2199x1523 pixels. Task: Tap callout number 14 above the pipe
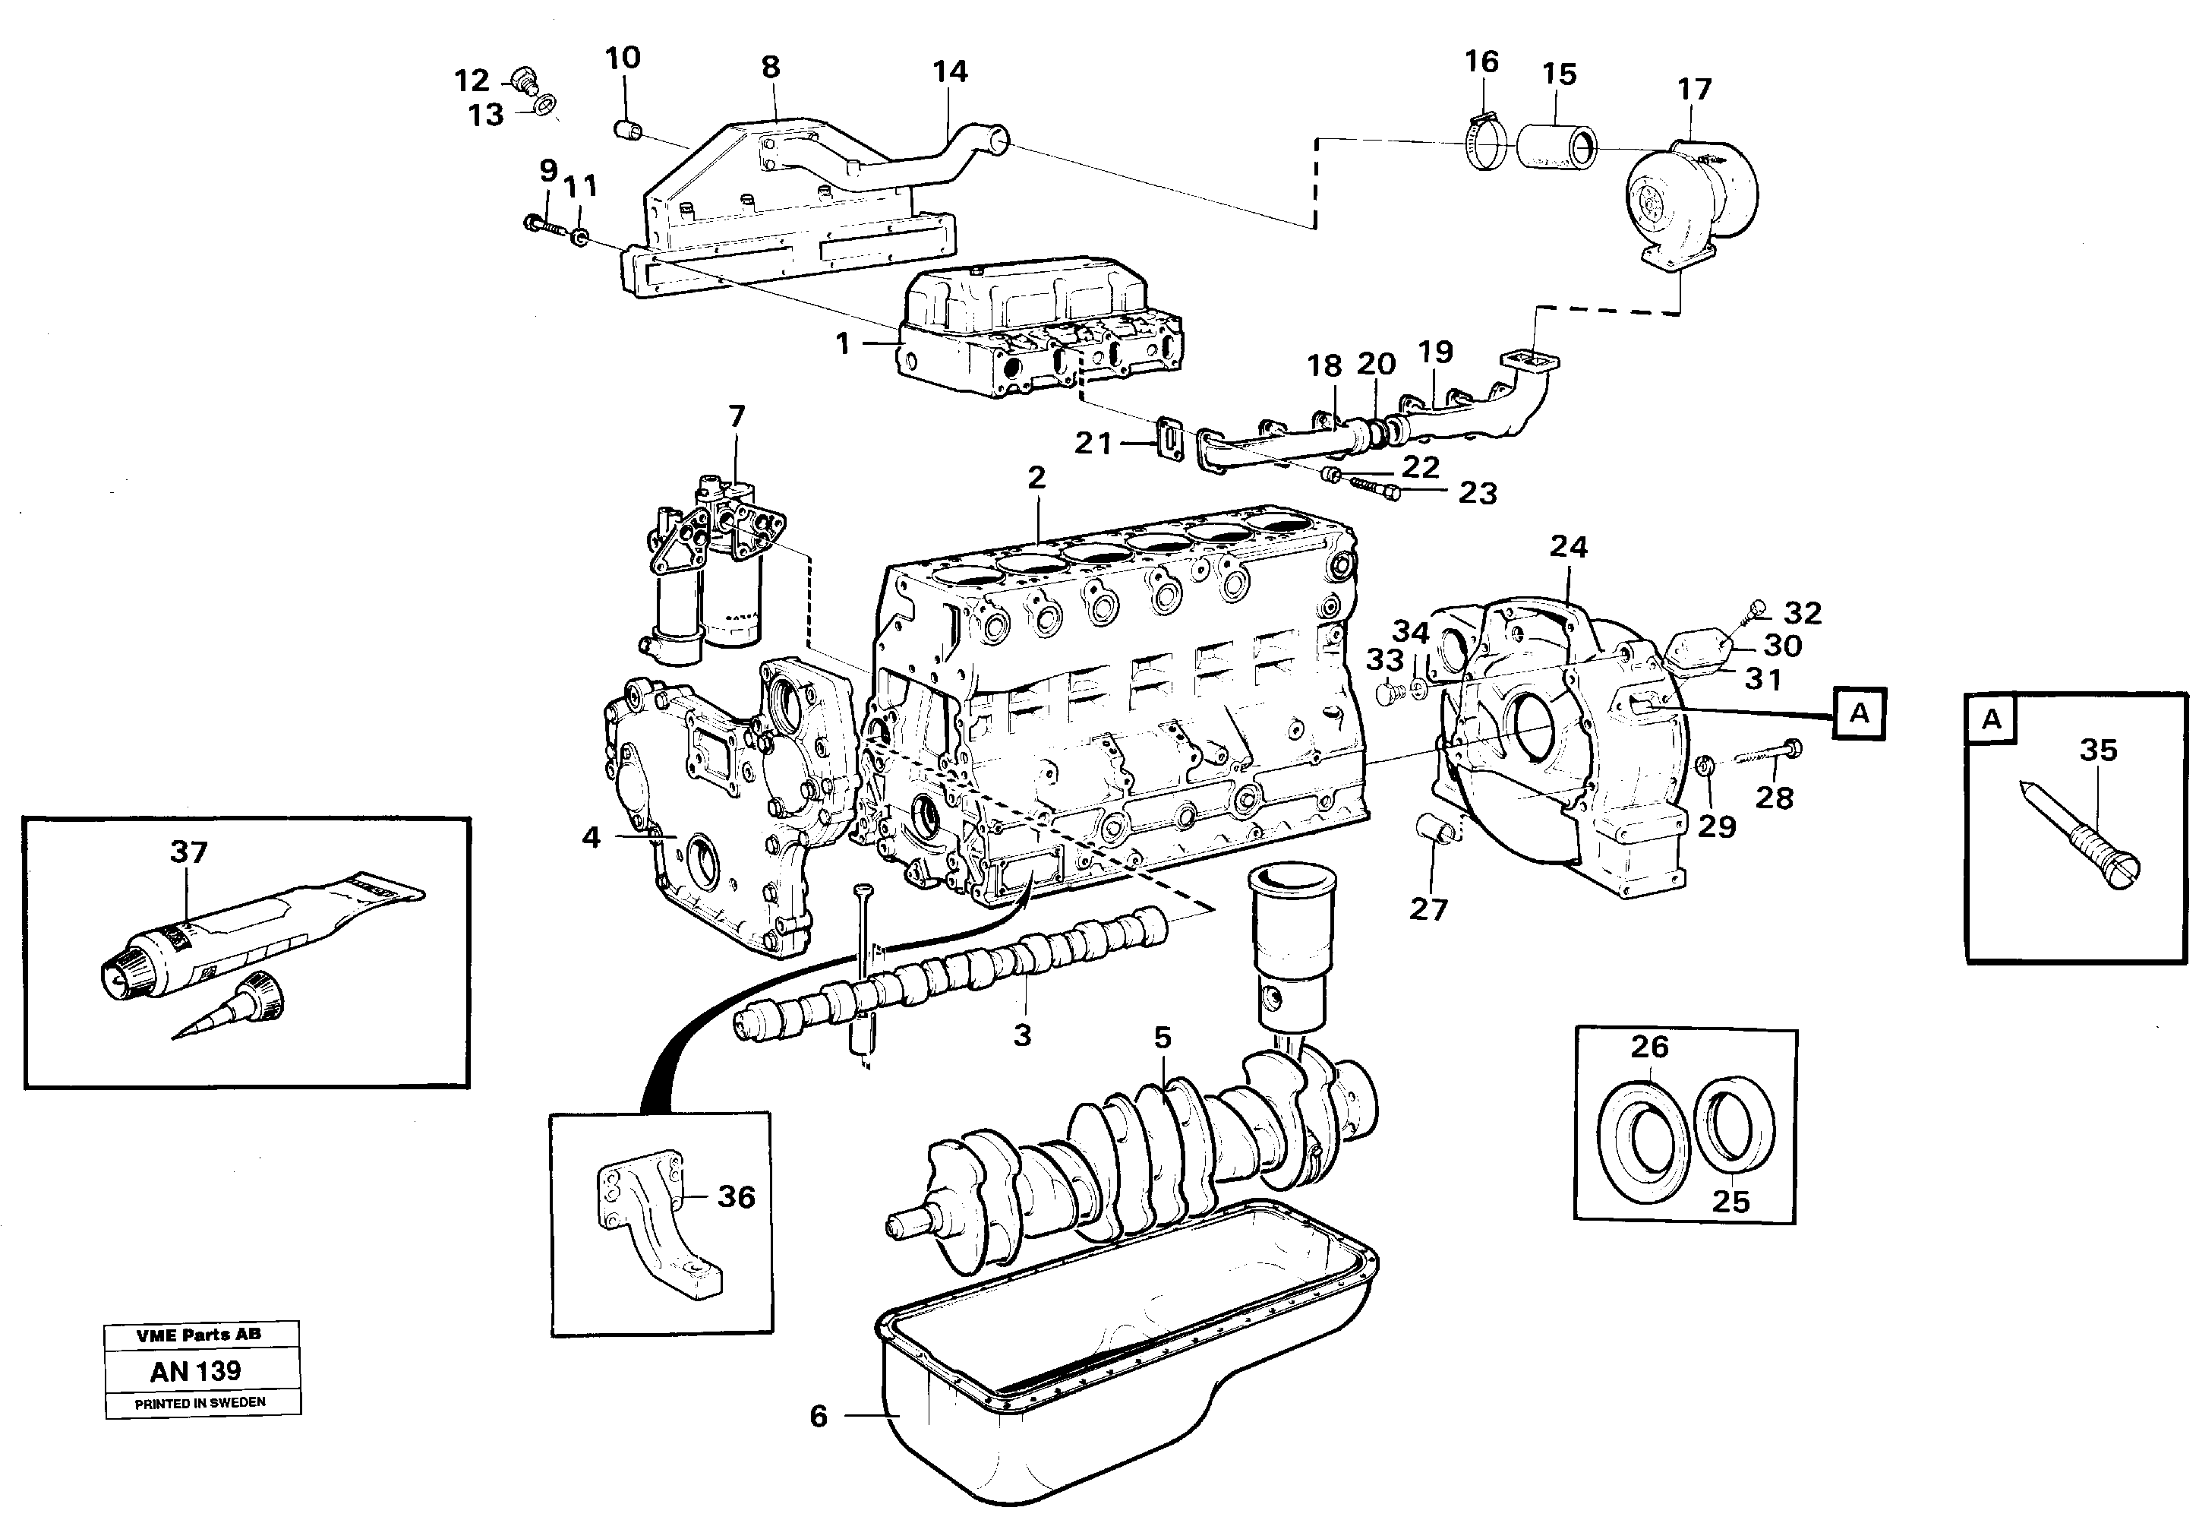(x=949, y=71)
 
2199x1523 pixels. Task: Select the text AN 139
(x=196, y=1371)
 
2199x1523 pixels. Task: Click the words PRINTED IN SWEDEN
(x=200, y=1403)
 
